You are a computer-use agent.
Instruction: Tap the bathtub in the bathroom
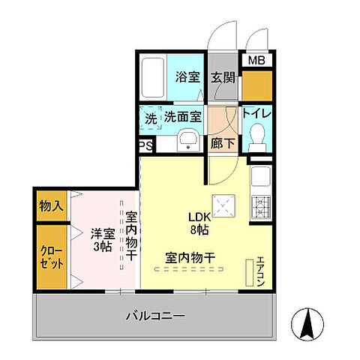[x=154, y=77]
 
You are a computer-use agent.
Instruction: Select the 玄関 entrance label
[x=222, y=76]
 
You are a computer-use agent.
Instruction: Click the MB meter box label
[x=256, y=61]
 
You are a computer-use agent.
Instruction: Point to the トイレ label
[x=256, y=114]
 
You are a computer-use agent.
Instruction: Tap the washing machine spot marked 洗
[x=151, y=118]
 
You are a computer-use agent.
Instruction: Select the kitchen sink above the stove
[x=262, y=178]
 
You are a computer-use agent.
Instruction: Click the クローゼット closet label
[x=51, y=259]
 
